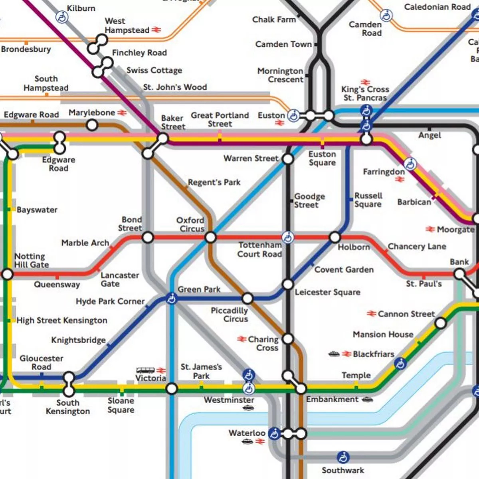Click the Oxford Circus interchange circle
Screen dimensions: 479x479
[x=210, y=238]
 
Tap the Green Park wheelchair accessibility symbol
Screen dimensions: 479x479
[x=172, y=298]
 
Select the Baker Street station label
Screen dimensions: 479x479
[x=173, y=123]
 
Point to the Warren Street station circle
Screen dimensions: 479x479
[x=287, y=159]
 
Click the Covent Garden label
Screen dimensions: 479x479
[x=344, y=269]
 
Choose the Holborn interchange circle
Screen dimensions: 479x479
[x=335, y=238]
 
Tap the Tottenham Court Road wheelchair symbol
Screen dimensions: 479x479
[x=287, y=238]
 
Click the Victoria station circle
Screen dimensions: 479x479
[x=172, y=388]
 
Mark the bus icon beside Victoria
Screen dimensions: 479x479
[x=145, y=370]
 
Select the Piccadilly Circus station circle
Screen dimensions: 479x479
[x=247, y=298]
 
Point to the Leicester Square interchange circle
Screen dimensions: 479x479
[x=288, y=284]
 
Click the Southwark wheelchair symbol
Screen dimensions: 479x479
[x=342, y=457]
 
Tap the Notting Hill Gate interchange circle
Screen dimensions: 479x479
[x=8, y=274]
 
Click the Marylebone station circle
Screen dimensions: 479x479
[x=92, y=125]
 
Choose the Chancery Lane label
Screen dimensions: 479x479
[x=417, y=246]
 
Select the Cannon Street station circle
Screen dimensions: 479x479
[x=440, y=323]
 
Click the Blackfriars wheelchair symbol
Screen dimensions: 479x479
[x=400, y=363]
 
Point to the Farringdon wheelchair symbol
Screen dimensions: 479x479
[x=410, y=164]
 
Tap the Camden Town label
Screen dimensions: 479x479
[x=283, y=44]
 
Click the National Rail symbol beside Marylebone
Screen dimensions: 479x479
[x=122, y=113]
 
